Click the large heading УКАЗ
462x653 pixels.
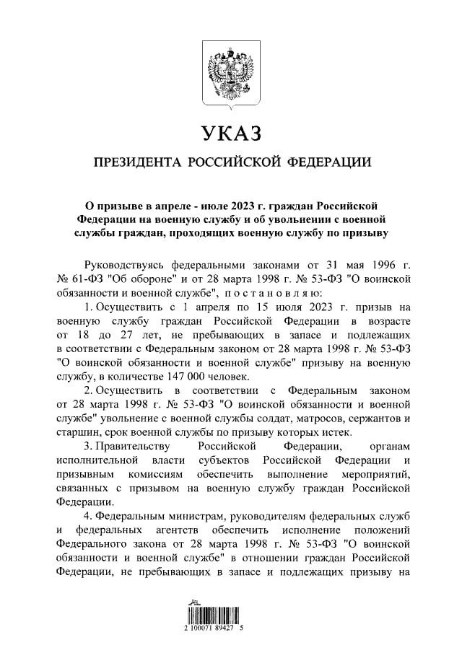pyautogui.click(x=230, y=133)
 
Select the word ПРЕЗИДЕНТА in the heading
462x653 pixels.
pyautogui.click(x=135, y=162)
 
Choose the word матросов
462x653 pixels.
pyautogui.click(x=312, y=418)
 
